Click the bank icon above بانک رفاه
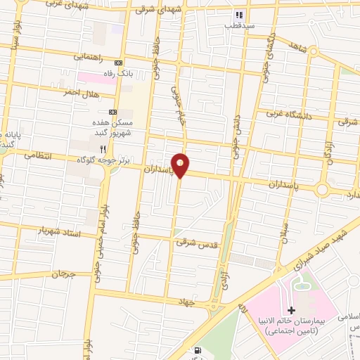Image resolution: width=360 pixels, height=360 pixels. (x=119, y=61)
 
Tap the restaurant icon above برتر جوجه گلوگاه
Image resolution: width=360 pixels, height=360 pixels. (x=103, y=148)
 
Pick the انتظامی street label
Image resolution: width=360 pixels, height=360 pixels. (x=39, y=154)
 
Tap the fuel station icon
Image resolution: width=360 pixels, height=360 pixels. (x=198, y=351)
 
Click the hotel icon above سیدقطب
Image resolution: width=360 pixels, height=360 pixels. (x=239, y=14)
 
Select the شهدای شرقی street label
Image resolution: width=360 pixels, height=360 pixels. (x=152, y=10)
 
